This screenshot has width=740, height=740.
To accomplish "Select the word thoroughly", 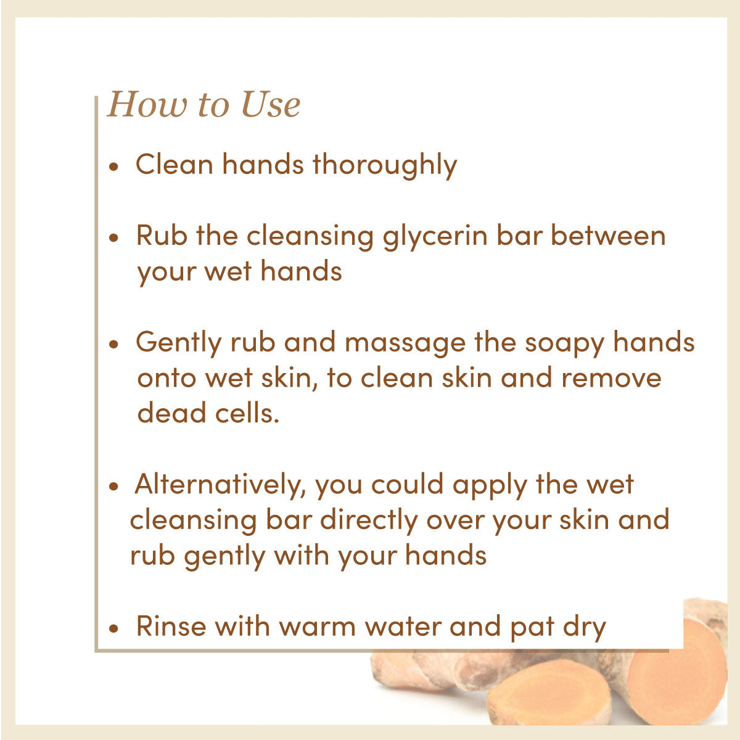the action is (385, 166).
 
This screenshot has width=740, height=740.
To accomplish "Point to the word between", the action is (608, 236).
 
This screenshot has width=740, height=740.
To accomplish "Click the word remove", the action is (611, 378).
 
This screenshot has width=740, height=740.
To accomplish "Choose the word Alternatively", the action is (220, 485).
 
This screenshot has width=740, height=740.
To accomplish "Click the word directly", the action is (369, 520).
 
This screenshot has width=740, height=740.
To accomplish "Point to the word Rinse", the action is (171, 627).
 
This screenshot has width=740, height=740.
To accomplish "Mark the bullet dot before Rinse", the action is (113, 628).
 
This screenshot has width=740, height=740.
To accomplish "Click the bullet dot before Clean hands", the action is (113, 166).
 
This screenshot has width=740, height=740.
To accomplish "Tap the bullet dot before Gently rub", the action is (113, 344).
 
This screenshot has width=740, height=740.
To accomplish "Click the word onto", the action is (166, 379).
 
